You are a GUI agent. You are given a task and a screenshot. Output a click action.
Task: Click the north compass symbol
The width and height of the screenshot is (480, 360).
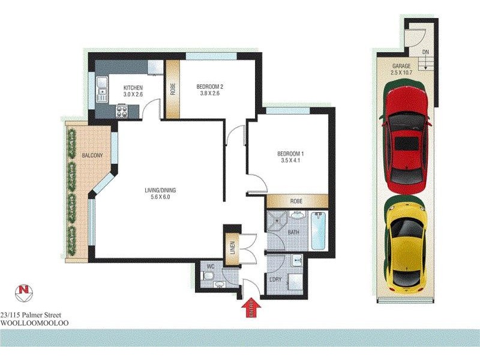pyautogui.click(x=24, y=293)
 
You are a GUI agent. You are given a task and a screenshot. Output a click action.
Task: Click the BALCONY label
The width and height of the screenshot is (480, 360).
pyautogui.click(x=92, y=156)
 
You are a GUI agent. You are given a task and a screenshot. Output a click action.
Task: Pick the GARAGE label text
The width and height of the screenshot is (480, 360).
pyautogui.click(x=402, y=65)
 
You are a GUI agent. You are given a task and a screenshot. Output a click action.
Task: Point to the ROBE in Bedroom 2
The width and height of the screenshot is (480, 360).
pyautogui.click(x=173, y=89)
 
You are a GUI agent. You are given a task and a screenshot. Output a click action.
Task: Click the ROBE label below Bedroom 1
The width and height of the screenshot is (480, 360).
pyautogui.click(x=296, y=201)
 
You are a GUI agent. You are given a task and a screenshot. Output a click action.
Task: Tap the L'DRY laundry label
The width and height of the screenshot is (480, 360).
pyautogui.click(x=276, y=280)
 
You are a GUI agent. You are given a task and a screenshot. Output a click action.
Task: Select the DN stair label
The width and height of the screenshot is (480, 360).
pyautogui.click(x=425, y=53)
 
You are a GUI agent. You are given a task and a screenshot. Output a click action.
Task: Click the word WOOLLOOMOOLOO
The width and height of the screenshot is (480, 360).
pyautogui.click(x=35, y=323)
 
